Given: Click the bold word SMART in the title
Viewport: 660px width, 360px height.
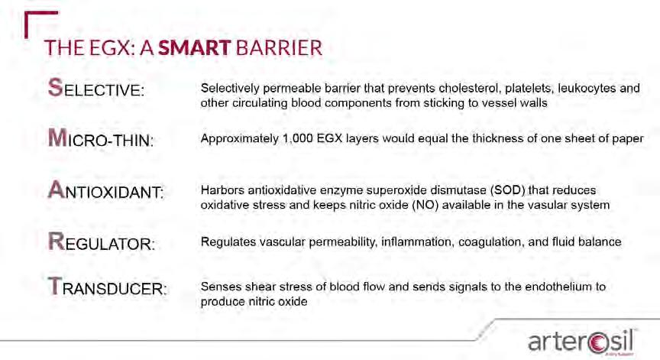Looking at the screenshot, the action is (195, 48).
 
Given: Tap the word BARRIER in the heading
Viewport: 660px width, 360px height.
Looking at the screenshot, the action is (279, 48).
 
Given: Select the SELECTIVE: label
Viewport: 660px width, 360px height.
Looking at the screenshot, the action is (96, 88).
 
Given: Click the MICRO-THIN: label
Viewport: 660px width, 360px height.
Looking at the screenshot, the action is (101, 138).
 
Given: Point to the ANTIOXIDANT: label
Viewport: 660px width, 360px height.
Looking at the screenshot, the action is (105, 190).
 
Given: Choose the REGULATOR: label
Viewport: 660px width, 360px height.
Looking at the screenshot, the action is (102, 242).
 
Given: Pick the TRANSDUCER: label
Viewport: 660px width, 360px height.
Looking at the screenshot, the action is (108, 287).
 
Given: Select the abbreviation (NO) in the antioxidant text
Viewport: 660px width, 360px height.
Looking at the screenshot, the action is (425, 206).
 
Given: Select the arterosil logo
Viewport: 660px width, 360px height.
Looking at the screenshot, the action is (581, 342).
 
